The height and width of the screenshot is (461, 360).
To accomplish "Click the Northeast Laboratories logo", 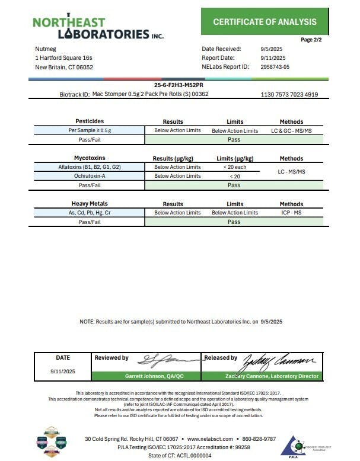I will pyautogui.click(x=98, y=27).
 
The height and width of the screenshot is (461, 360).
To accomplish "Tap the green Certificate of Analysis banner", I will pyautogui.click(x=264, y=22).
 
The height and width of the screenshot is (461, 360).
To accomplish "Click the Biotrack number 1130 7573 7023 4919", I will pyautogui.click(x=289, y=94).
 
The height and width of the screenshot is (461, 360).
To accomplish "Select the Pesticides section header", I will pyautogui.click(x=90, y=121).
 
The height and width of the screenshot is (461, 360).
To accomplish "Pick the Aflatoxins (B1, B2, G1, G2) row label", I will pyautogui.click(x=90, y=167).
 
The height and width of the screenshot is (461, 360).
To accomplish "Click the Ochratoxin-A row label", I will pyautogui.click(x=90, y=176).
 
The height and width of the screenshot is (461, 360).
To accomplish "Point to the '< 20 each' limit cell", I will pyautogui.click(x=234, y=167).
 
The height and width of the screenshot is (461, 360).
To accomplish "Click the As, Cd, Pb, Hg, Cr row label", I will pyautogui.click(x=90, y=213).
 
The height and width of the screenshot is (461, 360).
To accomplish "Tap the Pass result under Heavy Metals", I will pyautogui.click(x=234, y=222).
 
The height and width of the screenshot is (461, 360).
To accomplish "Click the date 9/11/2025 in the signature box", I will pyautogui.click(x=62, y=370).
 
